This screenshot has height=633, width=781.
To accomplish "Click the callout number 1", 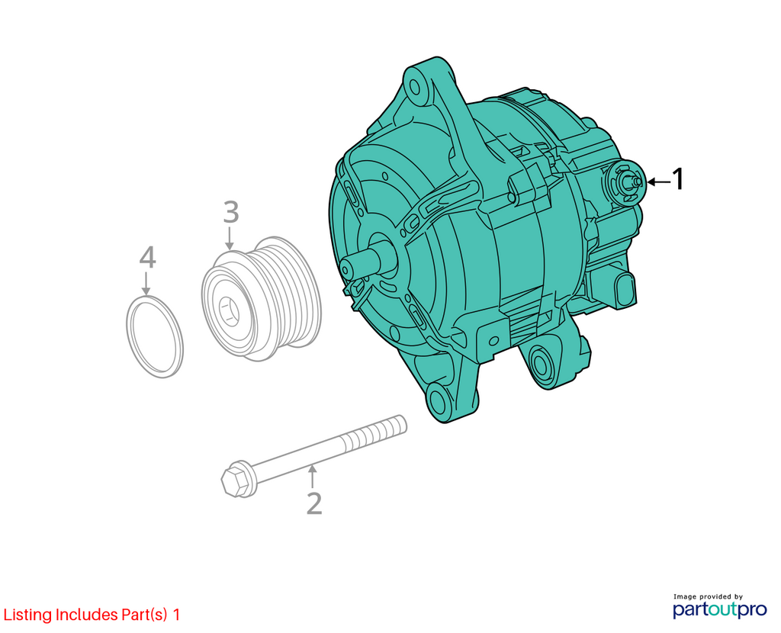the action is [678, 179].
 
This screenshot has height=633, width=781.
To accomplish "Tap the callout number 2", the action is [314, 503].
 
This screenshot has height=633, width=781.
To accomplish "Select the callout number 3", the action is [230, 212].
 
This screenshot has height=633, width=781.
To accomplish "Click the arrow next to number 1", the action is [658, 182].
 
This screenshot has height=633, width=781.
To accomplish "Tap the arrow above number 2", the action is [312, 476].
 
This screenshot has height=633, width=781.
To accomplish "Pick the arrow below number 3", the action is [229, 238].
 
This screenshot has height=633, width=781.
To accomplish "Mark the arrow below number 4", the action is [146, 283].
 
